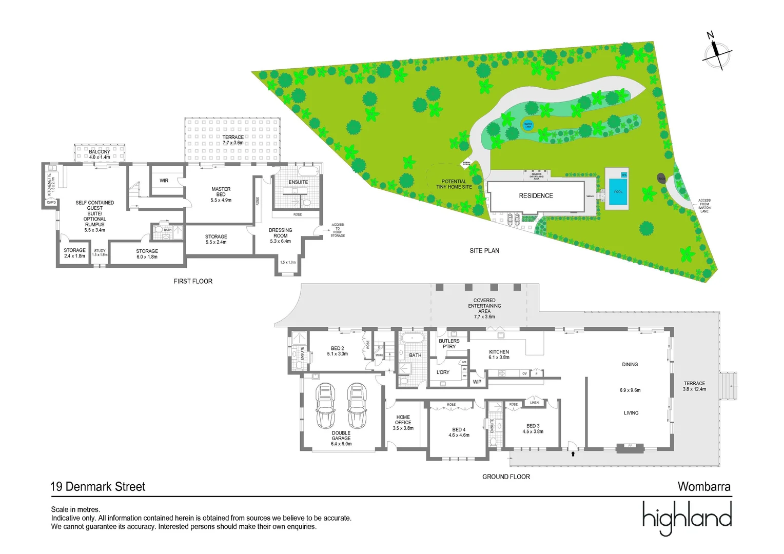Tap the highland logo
point(687,518)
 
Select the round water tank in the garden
point(528,125)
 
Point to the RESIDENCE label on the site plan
point(536,195)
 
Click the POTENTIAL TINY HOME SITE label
point(454,184)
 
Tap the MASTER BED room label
point(221,194)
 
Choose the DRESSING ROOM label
point(280,235)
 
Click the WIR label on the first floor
point(164,181)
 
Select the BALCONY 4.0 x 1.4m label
point(100,154)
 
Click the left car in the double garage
point(325,405)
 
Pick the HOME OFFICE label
point(403,423)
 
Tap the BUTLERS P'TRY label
point(449,344)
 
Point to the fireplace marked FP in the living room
point(630,446)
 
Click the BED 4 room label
point(459,432)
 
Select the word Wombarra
point(704,486)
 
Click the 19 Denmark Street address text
point(98,486)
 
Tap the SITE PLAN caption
point(484,250)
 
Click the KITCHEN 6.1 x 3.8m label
point(499,354)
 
